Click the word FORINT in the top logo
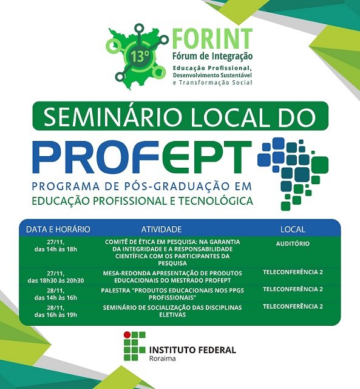[212, 38]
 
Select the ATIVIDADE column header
[161, 229]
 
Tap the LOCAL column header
[293, 229]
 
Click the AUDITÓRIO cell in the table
[293, 243]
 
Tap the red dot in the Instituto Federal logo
[127, 335]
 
